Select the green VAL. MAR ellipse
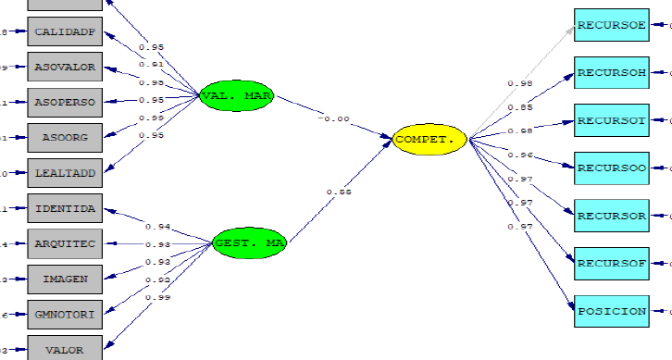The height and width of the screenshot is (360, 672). pos(238,94)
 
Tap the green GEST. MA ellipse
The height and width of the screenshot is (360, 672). pos(249,244)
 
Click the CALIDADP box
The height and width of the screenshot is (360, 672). pos(65,33)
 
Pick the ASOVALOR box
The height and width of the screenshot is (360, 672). pos(65,68)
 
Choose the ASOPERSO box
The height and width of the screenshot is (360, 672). pos(65,102)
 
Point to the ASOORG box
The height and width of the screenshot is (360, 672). pos(65,137)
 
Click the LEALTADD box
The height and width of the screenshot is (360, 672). pos(65,172)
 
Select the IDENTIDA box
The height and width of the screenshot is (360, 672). pos(65,209)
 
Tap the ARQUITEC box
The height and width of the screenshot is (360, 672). pos(65,243)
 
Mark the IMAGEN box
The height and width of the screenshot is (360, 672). pos(65,279)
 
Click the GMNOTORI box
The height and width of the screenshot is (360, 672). pos(65,315)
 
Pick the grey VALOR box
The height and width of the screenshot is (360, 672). pos(65,349)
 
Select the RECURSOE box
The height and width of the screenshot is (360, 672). pos(611,25)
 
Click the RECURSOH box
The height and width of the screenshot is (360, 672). pos(611,72)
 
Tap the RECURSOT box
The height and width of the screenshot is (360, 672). pos(611,120)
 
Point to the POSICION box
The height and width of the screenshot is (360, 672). pos(611,311)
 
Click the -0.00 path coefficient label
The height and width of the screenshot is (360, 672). pos(333,118)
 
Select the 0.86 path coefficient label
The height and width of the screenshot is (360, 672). pos(339,192)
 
